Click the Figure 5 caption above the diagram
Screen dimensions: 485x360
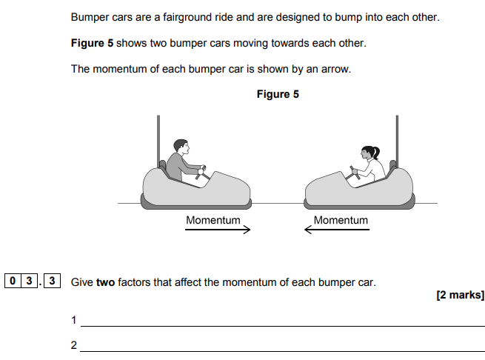tap(278, 94)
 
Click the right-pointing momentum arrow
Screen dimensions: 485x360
tap(218, 230)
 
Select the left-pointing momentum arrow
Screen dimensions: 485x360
tap(337, 230)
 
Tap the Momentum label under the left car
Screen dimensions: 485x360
tap(213, 220)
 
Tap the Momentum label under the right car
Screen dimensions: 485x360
tap(341, 220)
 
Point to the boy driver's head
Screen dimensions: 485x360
tap(181, 147)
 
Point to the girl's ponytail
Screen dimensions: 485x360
tap(376, 152)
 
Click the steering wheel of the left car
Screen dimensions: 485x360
tap(201, 173)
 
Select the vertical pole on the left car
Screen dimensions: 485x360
tap(158, 141)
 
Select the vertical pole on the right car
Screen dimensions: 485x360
tap(397, 141)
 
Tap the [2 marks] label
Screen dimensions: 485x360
tap(461, 295)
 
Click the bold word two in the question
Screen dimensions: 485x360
tap(105, 282)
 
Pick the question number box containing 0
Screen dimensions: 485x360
tap(13, 281)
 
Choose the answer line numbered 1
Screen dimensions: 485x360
tap(283, 326)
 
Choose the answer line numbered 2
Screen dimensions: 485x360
tap(283, 351)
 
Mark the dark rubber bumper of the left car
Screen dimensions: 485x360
tap(196, 205)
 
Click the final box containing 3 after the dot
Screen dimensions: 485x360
tap(52, 281)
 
